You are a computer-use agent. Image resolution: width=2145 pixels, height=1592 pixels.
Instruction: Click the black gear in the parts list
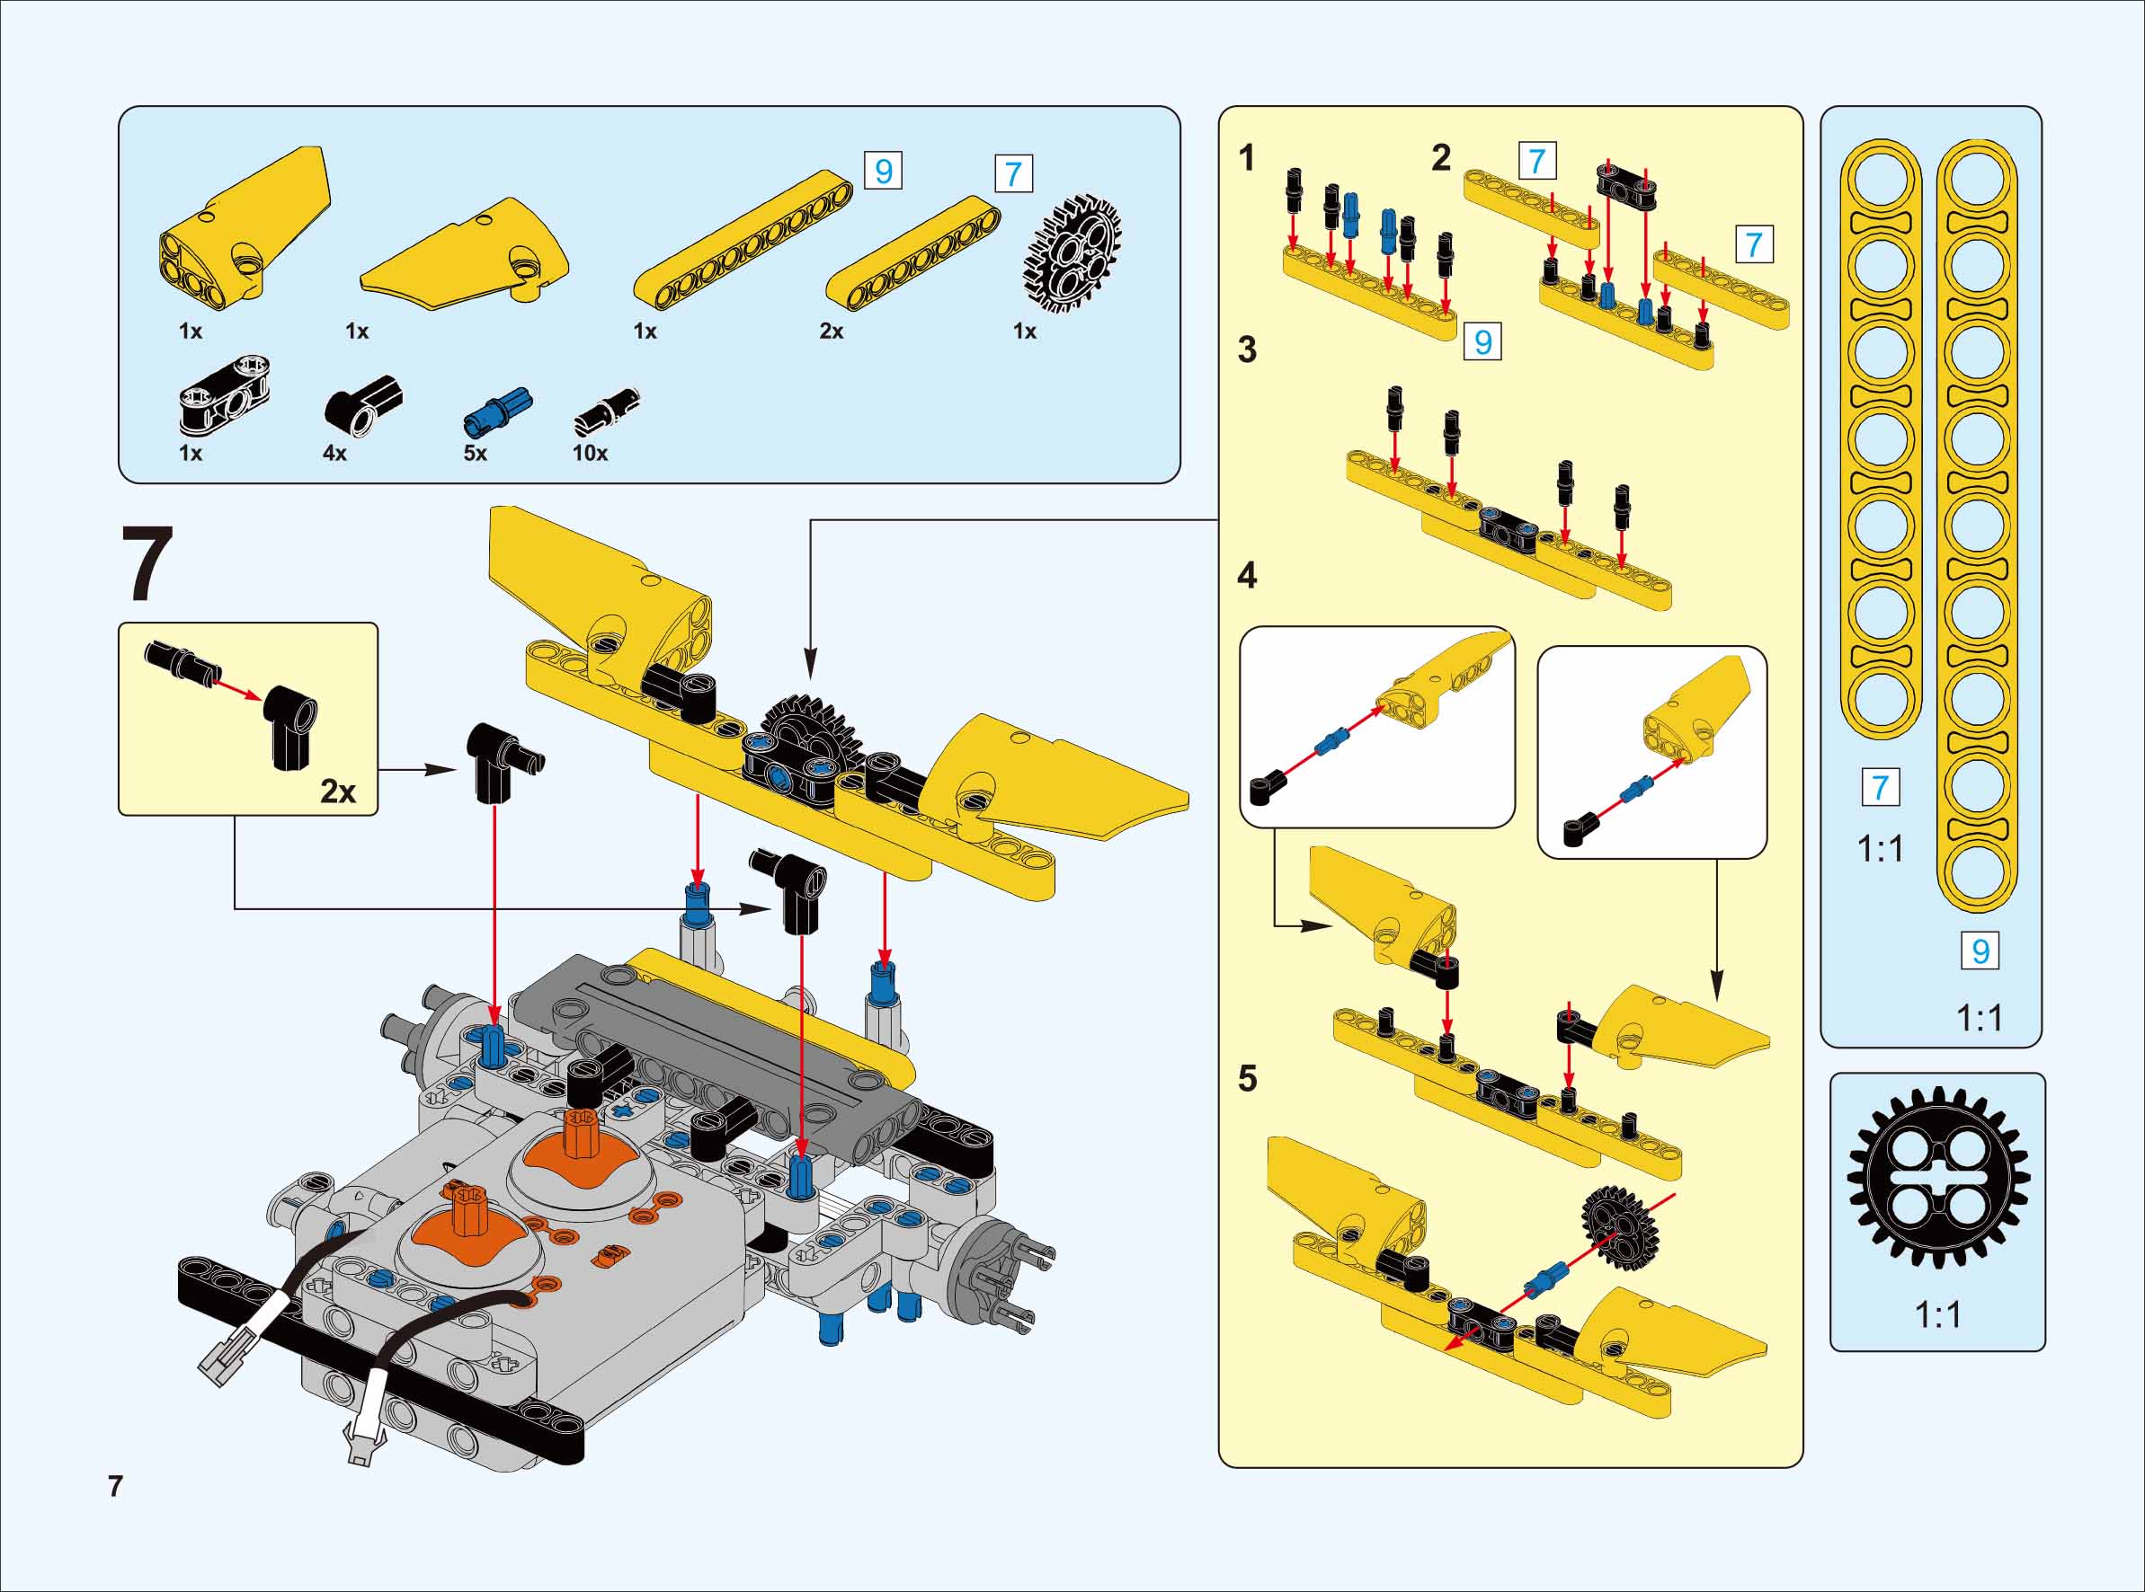tap(1071, 252)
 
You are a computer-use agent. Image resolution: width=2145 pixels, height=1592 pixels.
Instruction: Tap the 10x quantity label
tap(590, 453)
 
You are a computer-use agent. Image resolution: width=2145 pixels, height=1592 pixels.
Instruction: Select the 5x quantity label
tap(476, 453)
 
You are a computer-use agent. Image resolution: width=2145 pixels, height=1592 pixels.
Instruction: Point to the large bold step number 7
tap(147, 565)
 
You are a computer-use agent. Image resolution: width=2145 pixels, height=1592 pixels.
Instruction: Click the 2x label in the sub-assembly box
tap(337, 792)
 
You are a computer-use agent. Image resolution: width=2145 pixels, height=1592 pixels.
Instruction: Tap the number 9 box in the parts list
tap(883, 172)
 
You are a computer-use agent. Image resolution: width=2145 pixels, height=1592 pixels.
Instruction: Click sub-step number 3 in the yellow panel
tap(1247, 349)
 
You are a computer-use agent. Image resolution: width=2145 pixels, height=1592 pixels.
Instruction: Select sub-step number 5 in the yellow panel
tap(1248, 1078)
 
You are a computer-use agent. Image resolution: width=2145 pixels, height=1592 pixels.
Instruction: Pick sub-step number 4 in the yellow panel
tap(1247, 576)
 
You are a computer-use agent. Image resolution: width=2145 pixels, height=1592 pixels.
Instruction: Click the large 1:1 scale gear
tap(1937, 1178)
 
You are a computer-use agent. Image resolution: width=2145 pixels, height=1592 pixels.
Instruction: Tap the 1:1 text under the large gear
tap(1937, 1314)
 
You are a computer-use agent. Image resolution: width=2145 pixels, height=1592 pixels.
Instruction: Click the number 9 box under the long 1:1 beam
tap(1980, 951)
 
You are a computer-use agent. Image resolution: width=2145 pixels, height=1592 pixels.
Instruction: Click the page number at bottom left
tap(116, 1486)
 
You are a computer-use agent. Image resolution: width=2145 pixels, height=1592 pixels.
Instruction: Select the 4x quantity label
tap(334, 453)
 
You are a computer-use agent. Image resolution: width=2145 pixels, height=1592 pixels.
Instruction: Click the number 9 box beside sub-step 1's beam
tap(1482, 341)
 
